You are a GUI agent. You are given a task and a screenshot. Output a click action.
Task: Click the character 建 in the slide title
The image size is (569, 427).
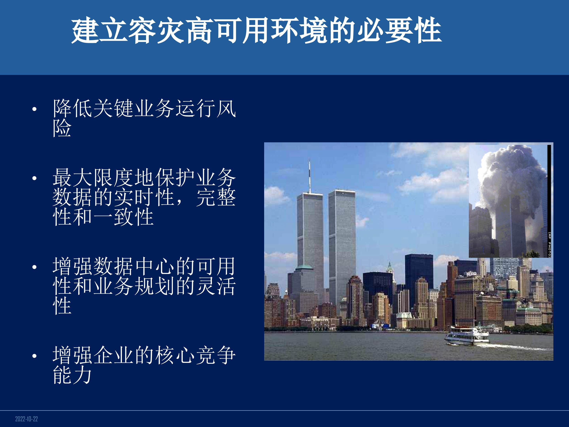tap(85, 30)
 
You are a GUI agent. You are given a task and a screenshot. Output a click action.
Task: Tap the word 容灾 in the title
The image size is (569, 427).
tap(156, 30)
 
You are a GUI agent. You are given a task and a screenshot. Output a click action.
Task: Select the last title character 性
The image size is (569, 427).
tap(428, 30)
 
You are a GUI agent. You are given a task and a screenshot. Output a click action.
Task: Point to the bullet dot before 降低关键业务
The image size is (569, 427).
tap(34, 109)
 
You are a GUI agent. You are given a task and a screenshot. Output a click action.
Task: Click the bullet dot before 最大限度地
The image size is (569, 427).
tap(34, 178)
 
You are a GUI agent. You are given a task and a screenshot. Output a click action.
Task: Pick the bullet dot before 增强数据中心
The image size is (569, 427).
tap(34, 267)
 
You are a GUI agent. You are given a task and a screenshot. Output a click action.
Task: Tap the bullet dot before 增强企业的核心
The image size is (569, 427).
tap(34, 356)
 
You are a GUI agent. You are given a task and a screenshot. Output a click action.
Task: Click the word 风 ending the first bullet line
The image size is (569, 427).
tap(226, 109)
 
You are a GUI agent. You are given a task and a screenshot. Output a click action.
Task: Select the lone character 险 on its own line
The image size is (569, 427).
tap(62, 128)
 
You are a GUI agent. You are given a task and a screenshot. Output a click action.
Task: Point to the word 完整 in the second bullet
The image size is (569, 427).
tap(216, 197)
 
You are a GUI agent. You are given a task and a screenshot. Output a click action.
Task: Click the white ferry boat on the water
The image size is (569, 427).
tap(467, 336)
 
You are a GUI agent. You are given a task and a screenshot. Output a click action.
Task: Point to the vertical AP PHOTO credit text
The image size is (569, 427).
tap(549, 245)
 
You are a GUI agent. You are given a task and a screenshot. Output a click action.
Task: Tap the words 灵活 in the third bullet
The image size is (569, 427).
tap(216, 286)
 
